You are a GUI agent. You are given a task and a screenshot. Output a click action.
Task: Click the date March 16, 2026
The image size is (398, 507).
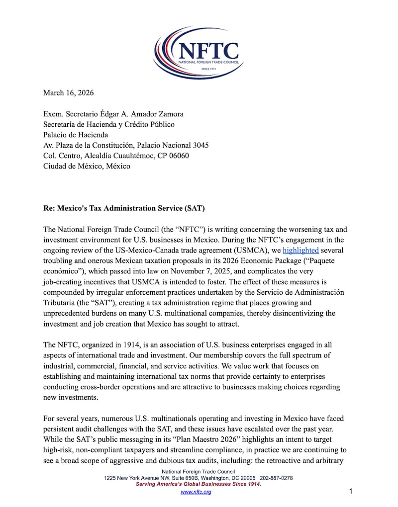coord(68,92)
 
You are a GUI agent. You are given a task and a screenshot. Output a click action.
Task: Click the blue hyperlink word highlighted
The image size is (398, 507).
coord(300,251)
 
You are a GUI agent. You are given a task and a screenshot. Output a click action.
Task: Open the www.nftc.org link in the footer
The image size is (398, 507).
coord(196,492)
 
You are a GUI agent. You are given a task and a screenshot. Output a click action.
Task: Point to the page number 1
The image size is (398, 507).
coord(351,492)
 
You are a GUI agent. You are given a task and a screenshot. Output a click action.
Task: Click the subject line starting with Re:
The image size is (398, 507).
coord(124,208)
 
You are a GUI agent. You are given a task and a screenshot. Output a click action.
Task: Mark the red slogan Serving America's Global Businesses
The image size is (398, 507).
coord(199,484)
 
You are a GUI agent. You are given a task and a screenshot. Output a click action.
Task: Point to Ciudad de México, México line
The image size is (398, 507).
coord(87,166)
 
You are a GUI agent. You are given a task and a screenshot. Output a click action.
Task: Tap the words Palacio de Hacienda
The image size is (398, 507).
coord(76,135)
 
